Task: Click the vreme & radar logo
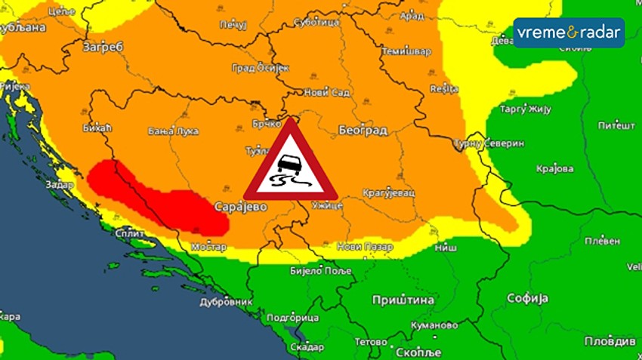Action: (569, 32)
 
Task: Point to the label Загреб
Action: (103, 48)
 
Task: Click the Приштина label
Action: (403, 300)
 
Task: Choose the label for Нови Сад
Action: (326, 93)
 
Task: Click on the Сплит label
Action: (131, 233)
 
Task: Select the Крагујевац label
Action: (388, 192)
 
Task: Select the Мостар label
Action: (209, 246)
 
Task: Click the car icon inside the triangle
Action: (288, 165)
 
